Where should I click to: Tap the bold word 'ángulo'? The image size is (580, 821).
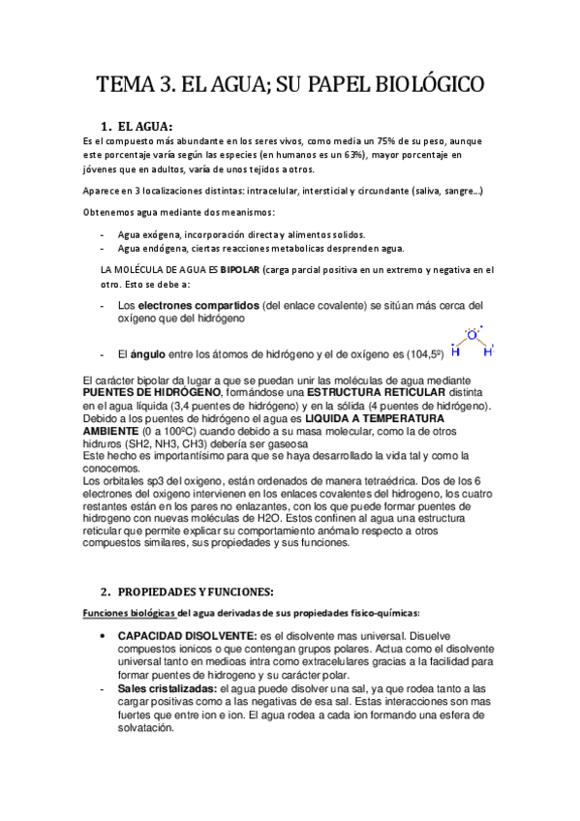coord(150,354)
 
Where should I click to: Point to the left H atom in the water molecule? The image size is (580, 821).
coord(455,352)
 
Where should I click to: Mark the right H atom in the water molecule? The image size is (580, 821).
coord(488,352)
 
